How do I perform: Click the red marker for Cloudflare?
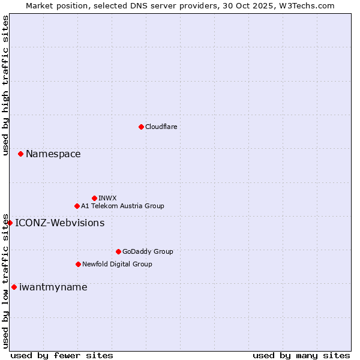(x=141, y=127)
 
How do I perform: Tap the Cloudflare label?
(x=161, y=127)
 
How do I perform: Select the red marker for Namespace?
(x=20, y=154)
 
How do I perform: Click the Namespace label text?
(x=53, y=154)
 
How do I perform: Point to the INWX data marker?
(x=94, y=198)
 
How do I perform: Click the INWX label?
(x=107, y=198)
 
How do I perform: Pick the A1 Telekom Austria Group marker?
(x=77, y=206)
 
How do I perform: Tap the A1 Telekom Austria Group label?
(x=122, y=206)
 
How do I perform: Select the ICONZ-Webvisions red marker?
(x=10, y=223)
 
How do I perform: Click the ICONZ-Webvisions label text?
(x=59, y=223)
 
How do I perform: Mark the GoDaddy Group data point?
(x=118, y=251)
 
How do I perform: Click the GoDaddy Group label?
(x=148, y=251)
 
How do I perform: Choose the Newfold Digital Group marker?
(x=78, y=264)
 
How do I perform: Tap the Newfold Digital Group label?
(x=117, y=264)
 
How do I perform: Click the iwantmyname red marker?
(x=14, y=287)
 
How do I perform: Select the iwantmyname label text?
(x=53, y=287)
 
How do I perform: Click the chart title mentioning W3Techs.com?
(x=180, y=5)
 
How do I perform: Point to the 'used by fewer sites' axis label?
(x=62, y=355)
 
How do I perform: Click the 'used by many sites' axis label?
(x=301, y=355)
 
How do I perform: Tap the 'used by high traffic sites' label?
(x=5, y=85)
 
